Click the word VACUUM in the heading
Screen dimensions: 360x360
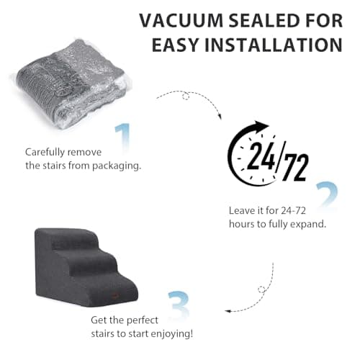(181, 21)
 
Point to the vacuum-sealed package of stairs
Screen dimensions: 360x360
(71, 85)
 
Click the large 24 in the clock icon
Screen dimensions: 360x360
(261, 156)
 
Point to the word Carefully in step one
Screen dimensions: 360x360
(45, 153)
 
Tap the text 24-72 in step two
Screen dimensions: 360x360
(294, 211)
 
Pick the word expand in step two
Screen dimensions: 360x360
(308, 225)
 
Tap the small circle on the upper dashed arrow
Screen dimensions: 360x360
(186, 96)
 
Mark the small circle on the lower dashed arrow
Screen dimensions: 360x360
(261, 289)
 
